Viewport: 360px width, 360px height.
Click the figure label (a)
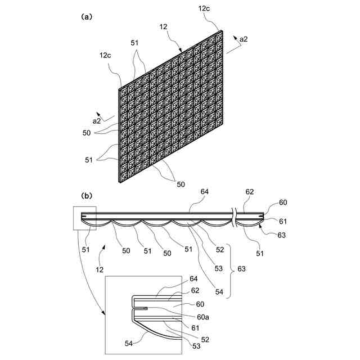pos(86,17)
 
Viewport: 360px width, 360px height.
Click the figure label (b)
pos(86,196)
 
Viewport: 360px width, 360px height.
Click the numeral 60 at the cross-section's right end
pos(282,202)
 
